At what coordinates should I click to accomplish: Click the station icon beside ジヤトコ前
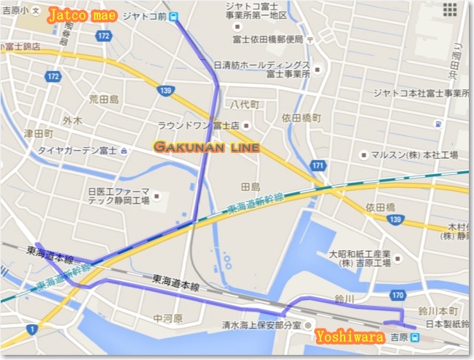tap(173, 17)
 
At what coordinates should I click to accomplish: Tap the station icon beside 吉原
tap(415, 338)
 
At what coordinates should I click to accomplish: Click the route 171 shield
tap(317, 166)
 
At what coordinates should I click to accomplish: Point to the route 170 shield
tap(396, 296)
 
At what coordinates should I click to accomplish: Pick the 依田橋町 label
tap(301, 117)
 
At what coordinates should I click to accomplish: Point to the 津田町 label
tap(37, 134)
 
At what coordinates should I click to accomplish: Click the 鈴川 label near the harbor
tap(344, 299)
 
